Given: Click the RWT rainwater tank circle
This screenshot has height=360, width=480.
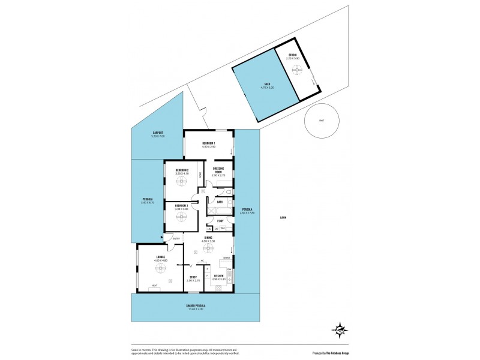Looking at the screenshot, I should [x=321, y=121].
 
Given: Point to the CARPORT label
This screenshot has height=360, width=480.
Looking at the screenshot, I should [x=158, y=133].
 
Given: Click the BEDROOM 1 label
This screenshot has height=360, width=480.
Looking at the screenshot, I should [x=208, y=143].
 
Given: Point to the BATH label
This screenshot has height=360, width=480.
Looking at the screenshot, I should [x=220, y=202].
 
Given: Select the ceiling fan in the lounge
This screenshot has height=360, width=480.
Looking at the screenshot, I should [x=160, y=268].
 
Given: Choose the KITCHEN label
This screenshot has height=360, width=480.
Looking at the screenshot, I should [x=219, y=277].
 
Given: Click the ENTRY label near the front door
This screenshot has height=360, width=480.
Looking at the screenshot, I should [x=176, y=239].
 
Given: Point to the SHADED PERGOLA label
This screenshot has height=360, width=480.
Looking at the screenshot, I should [x=196, y=305].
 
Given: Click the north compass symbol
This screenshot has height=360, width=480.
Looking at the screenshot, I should [x=340, y=329].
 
